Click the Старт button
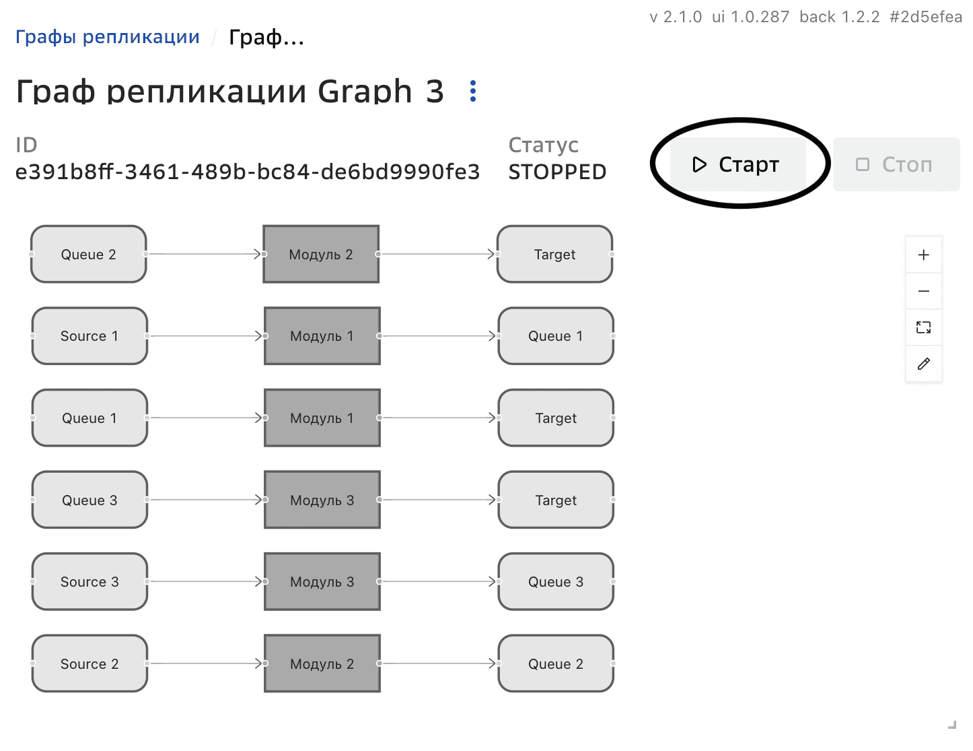tap(737, 164)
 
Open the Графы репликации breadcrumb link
tap(108, 37)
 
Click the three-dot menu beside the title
tap(473, 91)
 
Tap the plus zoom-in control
tap(923, 255)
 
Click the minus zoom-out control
tap(923, 291)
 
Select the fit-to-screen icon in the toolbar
tap(923, 327)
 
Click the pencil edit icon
tap(923, 364)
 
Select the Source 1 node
tap(89, 336)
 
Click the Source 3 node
tap(89, 582)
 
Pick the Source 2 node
tap(89, 664)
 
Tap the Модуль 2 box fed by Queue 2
tap(321, 255)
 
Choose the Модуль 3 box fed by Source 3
tap(322, 582)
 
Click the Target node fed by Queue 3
tap(556, 500)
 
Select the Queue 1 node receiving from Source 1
tap(556, 336)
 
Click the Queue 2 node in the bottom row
tap(556, 664)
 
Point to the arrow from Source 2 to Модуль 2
tap(205, 663)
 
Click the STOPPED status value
tap(557, 172)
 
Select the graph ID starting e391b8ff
tap(248, 172)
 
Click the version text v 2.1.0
tap(676, 18)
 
